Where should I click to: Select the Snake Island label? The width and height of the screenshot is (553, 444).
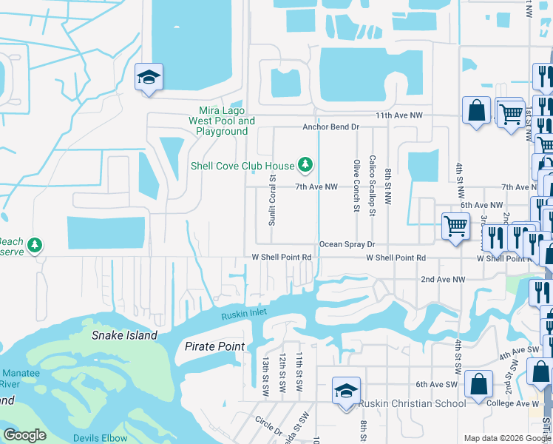(x=124, y=335)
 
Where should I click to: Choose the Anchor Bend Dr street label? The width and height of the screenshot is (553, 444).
(x=330, y=127)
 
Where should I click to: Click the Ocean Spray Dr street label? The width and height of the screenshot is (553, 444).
(x=347, y=243)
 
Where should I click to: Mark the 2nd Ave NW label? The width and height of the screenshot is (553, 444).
(x=443, y=279)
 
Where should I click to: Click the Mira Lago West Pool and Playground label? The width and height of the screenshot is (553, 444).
(x=222, y=121)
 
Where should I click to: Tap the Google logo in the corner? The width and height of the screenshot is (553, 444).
(x=24, y=435)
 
